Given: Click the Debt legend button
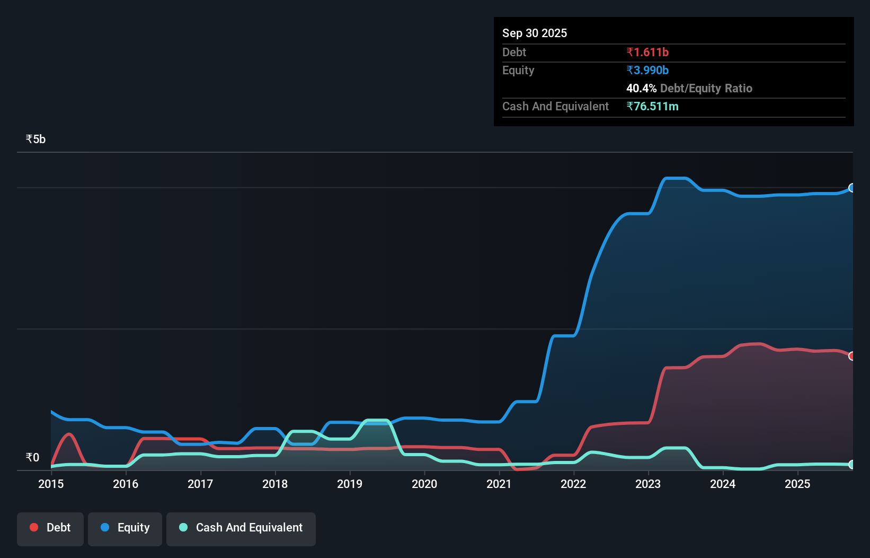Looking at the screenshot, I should [50, 528].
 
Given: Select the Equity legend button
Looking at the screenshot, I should [125, 528].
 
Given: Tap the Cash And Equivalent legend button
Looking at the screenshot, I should [241, 528].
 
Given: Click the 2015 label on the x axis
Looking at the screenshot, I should [51, 484].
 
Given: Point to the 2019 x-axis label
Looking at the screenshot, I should [350, 484].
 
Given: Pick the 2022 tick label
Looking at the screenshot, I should [573, 484].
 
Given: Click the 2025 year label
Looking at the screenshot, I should [797, 484].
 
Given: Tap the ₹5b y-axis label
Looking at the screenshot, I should [35, 139].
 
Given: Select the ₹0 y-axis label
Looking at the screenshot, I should [32, 457].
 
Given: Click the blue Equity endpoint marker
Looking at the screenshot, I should [852, 188].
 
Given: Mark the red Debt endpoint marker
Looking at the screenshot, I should [852, 356].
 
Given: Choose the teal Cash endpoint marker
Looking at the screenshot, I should [852, 465].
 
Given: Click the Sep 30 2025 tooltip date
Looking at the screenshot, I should [534, 33].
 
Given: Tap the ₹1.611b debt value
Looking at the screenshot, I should [647, 52].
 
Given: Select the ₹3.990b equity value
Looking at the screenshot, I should [647, 70].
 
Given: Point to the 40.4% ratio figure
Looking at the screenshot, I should [641, 88].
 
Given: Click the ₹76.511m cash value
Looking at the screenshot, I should [652, 106].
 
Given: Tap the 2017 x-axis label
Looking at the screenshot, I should [200, 484].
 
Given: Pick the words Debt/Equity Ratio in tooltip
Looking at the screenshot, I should [706, 88].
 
